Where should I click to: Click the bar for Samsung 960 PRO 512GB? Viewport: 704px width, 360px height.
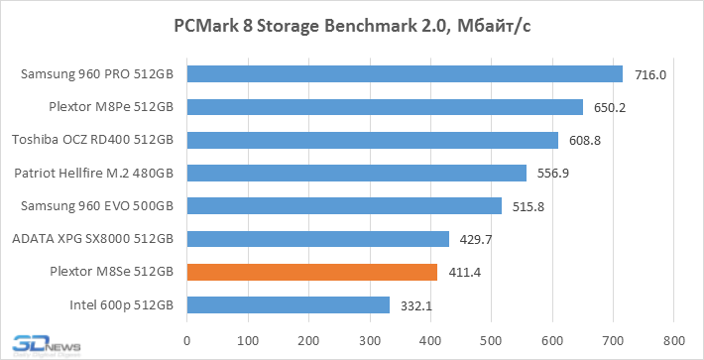404,73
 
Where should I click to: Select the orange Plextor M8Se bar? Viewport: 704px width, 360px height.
311,271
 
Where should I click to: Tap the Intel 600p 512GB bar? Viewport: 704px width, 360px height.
288,304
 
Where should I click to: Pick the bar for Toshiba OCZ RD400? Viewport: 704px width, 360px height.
372,140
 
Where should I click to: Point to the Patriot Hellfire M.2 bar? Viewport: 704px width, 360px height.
356,173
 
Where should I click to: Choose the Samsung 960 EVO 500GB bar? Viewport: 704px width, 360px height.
343,205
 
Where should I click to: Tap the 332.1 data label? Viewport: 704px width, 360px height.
417,304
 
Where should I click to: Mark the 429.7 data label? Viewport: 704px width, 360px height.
477,239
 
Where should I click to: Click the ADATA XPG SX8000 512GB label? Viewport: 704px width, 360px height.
92,238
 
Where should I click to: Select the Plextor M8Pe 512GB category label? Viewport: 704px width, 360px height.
111,106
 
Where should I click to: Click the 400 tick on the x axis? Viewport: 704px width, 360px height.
429,340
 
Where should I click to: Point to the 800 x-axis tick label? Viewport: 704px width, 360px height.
673,340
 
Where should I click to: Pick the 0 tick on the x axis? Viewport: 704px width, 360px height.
185,340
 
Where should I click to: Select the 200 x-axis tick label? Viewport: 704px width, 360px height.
307,340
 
